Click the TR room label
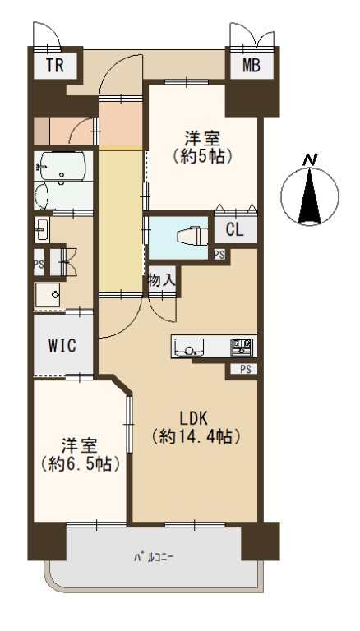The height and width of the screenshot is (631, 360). [54, 65]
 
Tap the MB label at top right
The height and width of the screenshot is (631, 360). [251, 65]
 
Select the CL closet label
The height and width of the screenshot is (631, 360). [235, 230]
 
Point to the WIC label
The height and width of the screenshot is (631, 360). [62, 345]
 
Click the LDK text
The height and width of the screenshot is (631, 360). [193, 419]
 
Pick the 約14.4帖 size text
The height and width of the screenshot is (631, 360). [196, 436]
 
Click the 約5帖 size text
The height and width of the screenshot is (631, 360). [202, 156]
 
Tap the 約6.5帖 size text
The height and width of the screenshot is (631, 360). [80, 464]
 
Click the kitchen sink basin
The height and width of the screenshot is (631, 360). [188, 347]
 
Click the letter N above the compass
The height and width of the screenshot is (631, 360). [310, 160]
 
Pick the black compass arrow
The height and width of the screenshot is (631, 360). [310, 196]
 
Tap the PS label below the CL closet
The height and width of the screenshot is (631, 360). [219, 254]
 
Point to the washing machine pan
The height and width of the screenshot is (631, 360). [48, 295]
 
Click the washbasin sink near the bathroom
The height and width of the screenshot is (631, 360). [41, 229]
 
